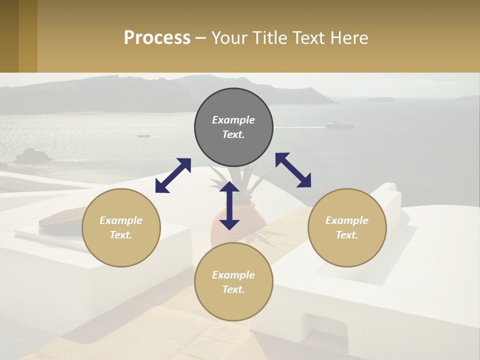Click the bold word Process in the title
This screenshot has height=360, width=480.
click(x=157, y=38)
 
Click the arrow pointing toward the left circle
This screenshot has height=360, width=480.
click(x=173, y=175)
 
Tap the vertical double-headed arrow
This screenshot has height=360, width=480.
click(x=229, y=205)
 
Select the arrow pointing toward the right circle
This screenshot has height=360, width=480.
click(x=293, y=170)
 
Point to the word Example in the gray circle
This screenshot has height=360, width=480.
click(x=233, y=120)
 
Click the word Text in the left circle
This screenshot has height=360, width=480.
click(x=121, y=235)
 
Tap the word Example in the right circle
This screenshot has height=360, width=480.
click(x=347, y=220)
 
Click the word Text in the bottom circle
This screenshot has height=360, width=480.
click(x=233, y=289)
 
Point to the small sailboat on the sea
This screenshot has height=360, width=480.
click(x=143, y=134)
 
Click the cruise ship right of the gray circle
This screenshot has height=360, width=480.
click(x=338, y=125)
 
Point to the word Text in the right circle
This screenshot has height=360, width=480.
click(x=347, y=235)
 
